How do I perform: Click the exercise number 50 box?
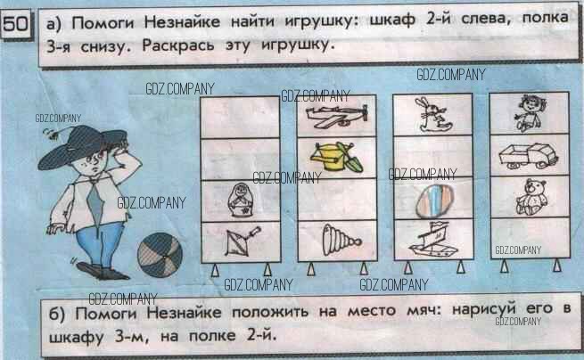click(16, 25)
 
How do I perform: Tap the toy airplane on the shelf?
click(337, 116)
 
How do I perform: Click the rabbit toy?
click(431, 115)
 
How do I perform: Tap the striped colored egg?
click(434, 200)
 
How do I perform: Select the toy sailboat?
click(432, 239)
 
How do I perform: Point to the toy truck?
click(528, 156)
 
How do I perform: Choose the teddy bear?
click(531, 197)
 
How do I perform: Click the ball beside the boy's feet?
click(160, 255)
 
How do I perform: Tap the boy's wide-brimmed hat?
click(82, 146)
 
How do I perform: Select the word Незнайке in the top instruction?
click(182, 22)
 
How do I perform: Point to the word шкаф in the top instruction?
click(392, 20)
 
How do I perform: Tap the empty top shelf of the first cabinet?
click(240, 118)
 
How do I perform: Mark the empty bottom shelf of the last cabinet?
click(530, 237)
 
